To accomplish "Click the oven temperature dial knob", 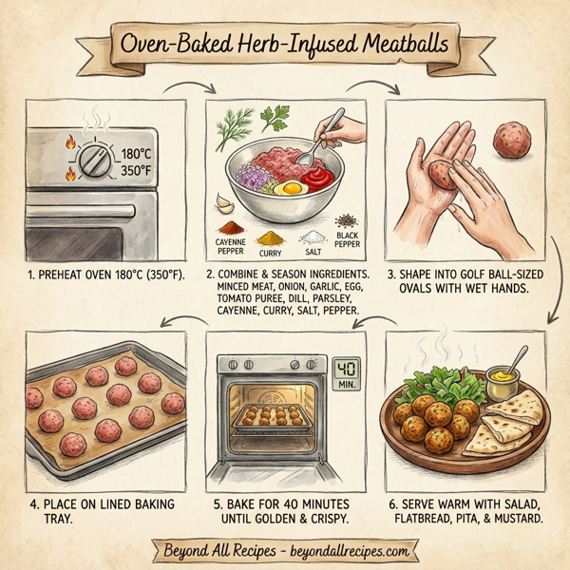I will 92,160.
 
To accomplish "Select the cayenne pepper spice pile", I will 233,228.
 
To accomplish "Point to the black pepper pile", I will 348,218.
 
